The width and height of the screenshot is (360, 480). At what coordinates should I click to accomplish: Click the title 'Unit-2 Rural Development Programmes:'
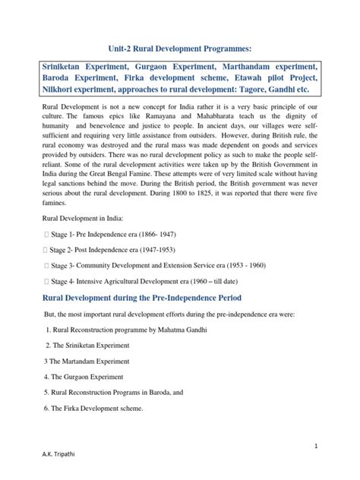click(x=179, y=43)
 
